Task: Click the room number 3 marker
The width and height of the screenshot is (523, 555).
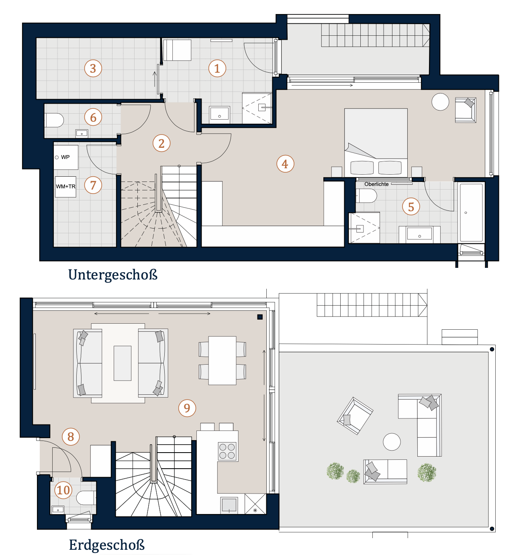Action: (93, 68)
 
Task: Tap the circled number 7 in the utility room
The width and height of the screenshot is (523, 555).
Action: (93, 185)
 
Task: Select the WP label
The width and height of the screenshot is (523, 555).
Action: (65, 157)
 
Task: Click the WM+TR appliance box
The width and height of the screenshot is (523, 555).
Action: (66, 187)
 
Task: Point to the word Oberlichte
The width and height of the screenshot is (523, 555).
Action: (376, 184)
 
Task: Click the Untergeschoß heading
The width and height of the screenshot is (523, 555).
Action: (113, 275)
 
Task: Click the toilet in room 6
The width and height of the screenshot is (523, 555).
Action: (54, 120)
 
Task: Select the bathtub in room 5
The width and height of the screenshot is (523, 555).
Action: (471, 212)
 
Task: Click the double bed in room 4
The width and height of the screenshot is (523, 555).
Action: (376, 143)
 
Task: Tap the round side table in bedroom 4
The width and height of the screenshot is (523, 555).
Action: (440, 102)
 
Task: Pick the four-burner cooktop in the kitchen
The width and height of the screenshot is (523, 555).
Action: (227, 451)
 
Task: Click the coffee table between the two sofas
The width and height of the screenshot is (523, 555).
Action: (123, 363)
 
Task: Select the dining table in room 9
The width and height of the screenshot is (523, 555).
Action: (222, 361)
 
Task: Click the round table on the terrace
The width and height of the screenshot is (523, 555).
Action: (392, 442)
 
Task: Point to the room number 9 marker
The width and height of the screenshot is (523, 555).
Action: (187, 408)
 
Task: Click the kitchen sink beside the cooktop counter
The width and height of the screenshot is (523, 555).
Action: (229, 505)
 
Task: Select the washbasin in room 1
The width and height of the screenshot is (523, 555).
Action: (219, 114)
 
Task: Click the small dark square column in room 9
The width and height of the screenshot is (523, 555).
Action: (259, 316)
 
